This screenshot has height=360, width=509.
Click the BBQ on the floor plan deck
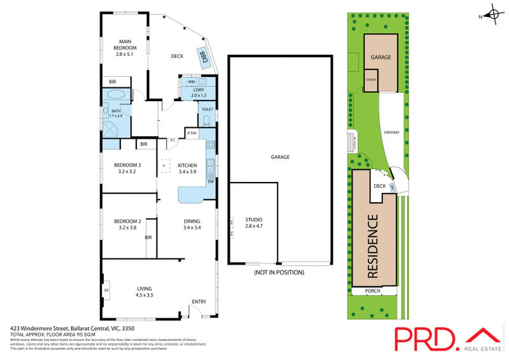204,55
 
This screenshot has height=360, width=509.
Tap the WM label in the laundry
191,82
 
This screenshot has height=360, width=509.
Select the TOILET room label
207,109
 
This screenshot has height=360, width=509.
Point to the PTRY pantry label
192,133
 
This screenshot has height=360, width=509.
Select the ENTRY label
199,301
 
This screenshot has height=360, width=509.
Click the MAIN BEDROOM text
125,45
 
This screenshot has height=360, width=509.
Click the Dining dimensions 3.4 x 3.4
192,228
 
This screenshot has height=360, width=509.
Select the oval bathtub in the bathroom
116,94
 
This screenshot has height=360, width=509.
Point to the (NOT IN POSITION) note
279,272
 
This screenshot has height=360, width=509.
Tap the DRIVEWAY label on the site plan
392,132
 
